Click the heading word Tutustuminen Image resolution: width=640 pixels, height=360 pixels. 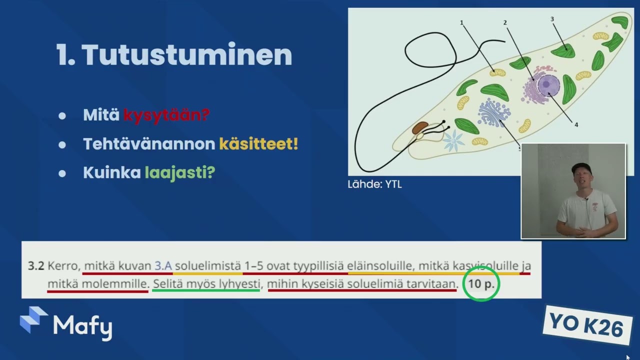[x=187, y=55]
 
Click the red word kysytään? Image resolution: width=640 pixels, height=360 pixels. [x=166, y=115]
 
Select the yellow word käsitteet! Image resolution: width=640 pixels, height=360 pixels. [x=258, y=143]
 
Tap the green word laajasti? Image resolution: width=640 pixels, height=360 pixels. [x=180, y=173]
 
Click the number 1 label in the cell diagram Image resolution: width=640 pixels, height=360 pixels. [x=461, y=23]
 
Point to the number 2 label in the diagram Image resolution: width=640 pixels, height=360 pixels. [x=505, y=22]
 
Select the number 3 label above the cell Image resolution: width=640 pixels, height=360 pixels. [x=552, y=19]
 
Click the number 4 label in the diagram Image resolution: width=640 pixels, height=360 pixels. [x=576, y=125]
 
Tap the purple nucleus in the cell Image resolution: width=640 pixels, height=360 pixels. [x=548, y=85]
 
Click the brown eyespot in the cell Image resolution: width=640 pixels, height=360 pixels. [x=420, y=127]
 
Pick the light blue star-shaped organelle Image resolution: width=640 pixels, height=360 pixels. [x=453, y=140]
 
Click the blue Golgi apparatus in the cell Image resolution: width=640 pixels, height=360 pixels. [x=493, y=112]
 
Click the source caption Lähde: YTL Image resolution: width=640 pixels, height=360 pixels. [x=374, y=184]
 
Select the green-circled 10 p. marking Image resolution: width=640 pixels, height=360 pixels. [x=481, y=283]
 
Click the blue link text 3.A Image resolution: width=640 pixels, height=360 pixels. [x=163, y=266]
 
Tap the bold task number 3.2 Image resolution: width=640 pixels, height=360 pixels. [x=36, y=266]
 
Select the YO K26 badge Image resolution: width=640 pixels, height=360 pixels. [x=587, y=325]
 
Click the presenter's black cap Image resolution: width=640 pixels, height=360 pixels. [x=581, y=168]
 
